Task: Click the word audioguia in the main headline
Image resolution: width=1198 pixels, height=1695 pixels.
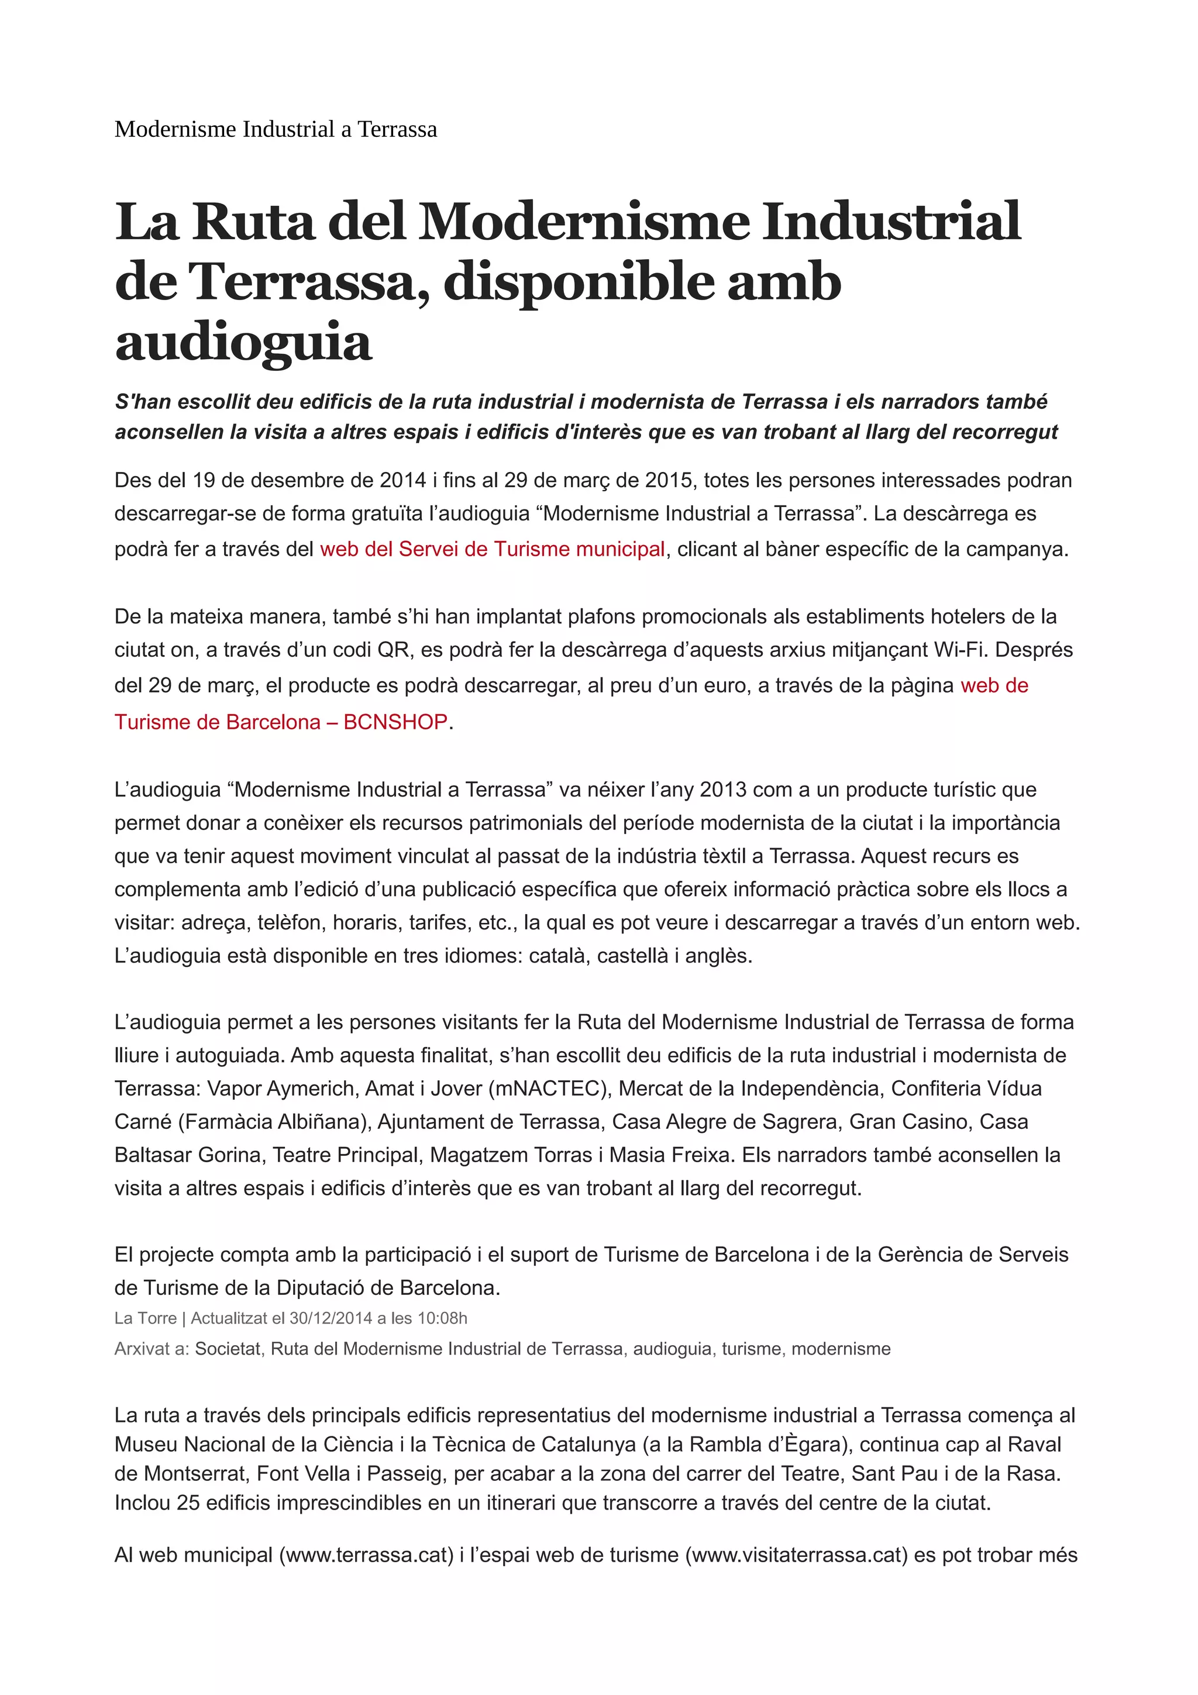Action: tap(243, 343)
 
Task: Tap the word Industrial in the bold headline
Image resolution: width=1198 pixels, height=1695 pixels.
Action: tap(891, 222)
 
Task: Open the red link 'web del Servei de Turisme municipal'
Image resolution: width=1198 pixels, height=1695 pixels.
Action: tap(493, 549)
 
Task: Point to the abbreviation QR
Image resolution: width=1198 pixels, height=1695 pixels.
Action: tap(392, 650)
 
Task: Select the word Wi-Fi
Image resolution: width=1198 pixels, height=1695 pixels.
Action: tap(961, 650)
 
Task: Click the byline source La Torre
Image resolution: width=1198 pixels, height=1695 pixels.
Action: tap(146, 1318)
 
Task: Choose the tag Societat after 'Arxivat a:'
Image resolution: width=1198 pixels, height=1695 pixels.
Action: tap(228, 1349)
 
